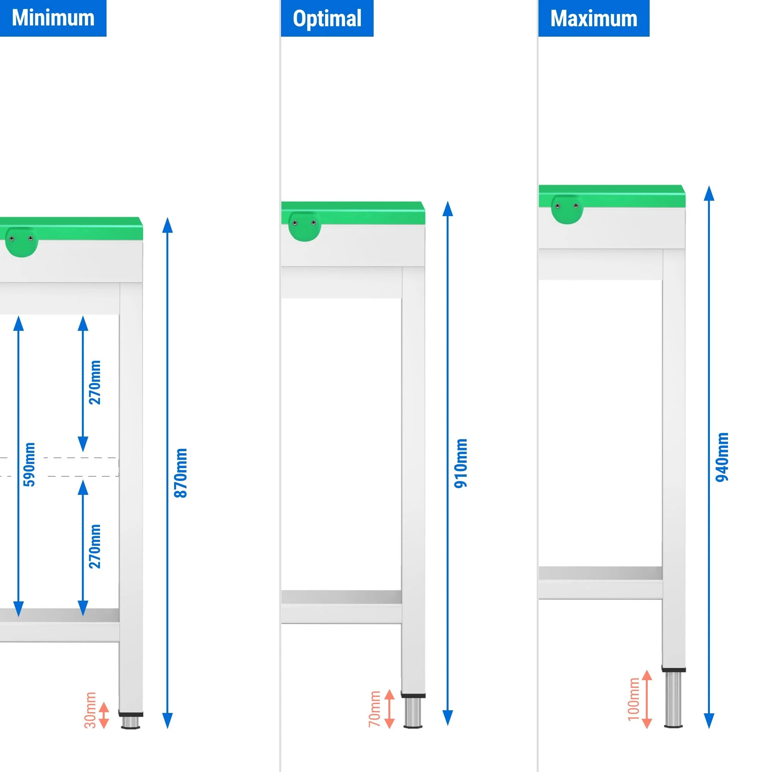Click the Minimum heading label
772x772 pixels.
click(53, 18)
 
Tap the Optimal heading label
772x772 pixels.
click(327, 19)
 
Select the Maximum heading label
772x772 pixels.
click(594, 19)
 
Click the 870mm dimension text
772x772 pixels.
click(181, 473)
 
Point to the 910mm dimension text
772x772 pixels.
click(461, 464)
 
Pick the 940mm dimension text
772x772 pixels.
click(722, 457)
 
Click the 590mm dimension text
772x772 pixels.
click(29, 465)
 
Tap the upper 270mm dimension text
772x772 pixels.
click(95, 383)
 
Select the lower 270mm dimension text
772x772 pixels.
click(95, 547)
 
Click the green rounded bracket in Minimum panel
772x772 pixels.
click(22, 242)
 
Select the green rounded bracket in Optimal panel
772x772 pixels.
click(305, 226)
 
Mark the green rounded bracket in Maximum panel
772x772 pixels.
click(567, 209)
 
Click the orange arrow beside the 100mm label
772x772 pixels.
click(647, 699)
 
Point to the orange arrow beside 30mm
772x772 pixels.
click(104, 715)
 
